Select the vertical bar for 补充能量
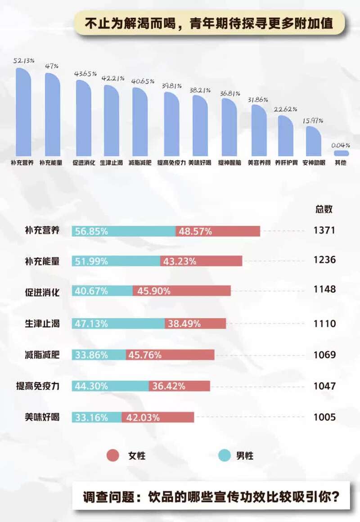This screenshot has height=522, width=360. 52,114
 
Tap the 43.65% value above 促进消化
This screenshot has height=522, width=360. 85,73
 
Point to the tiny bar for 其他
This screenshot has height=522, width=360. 341,153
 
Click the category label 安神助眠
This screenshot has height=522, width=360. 314,163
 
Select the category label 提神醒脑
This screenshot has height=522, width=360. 229,163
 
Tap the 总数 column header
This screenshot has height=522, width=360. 324,209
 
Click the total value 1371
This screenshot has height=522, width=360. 324,231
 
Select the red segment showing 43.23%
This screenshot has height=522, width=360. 201,261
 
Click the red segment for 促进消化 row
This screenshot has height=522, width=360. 181,291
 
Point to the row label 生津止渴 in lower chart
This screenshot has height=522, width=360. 43,323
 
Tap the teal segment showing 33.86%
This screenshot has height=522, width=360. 99,355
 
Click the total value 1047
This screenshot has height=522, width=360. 324,386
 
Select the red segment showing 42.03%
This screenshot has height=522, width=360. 157,417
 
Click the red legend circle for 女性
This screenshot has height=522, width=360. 112,455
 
